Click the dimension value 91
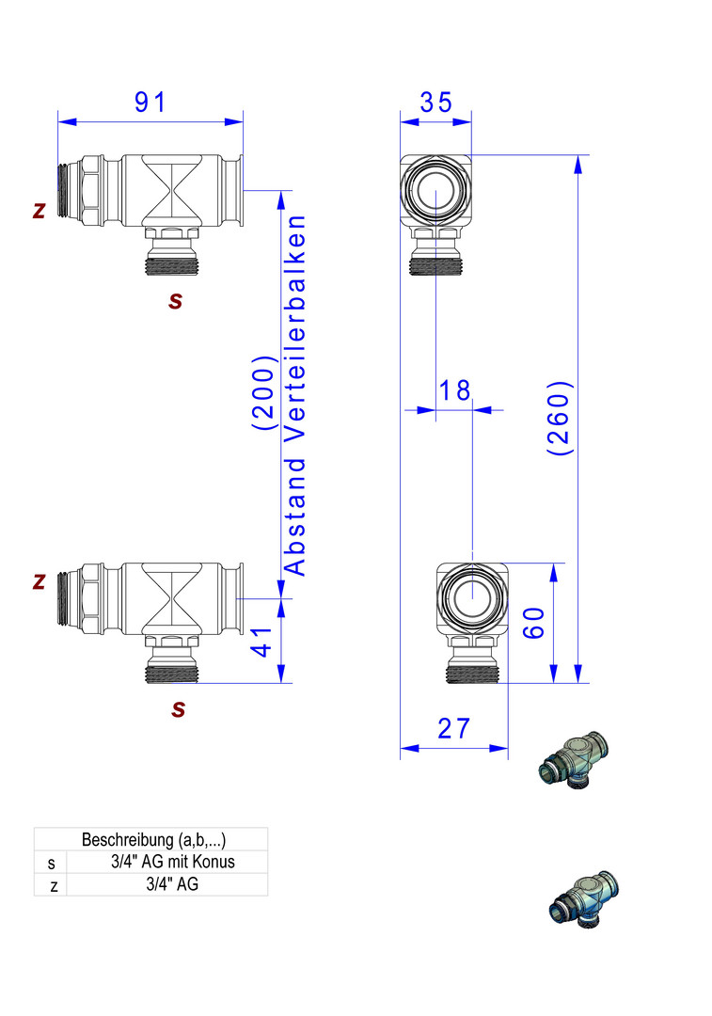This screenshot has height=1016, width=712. (150, 102)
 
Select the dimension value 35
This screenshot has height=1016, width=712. (435, 102)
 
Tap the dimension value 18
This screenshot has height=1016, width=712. (454, 390)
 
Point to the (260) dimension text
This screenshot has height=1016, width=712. (559, 418)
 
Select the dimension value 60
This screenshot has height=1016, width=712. (534, 623)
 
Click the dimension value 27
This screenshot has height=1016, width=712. (452, 728)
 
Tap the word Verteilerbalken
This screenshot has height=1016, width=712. (294, 328)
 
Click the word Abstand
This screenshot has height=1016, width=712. (294, 517)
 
